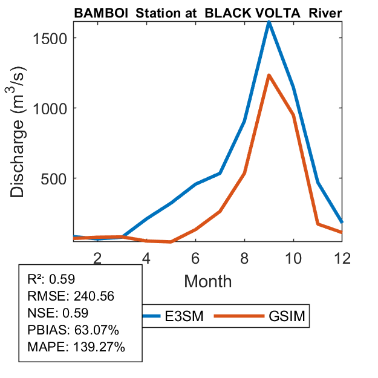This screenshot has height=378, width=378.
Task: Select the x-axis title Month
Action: [207, 281]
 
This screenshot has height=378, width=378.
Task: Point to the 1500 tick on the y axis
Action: [47, 38]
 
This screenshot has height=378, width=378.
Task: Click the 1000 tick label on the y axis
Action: [47, 108]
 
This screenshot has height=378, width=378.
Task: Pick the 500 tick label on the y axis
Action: [51, 178]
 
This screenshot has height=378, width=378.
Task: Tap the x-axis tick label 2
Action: [97, 257]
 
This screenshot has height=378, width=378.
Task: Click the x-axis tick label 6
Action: [195, 257]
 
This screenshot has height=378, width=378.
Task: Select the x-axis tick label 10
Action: [293, 257]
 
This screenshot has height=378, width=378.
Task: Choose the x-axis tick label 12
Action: [342, 257]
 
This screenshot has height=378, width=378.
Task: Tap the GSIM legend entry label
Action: [285, 316]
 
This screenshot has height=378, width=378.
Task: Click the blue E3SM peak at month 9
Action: [269, 23]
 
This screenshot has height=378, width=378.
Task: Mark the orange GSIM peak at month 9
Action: [269, 76]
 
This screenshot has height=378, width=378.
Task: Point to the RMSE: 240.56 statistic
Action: [71, 296]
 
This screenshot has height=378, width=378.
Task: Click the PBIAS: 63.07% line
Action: [73, 330]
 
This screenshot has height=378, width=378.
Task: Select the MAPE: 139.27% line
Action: [76, 347]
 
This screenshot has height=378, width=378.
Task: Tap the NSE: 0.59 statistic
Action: [58, 313]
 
